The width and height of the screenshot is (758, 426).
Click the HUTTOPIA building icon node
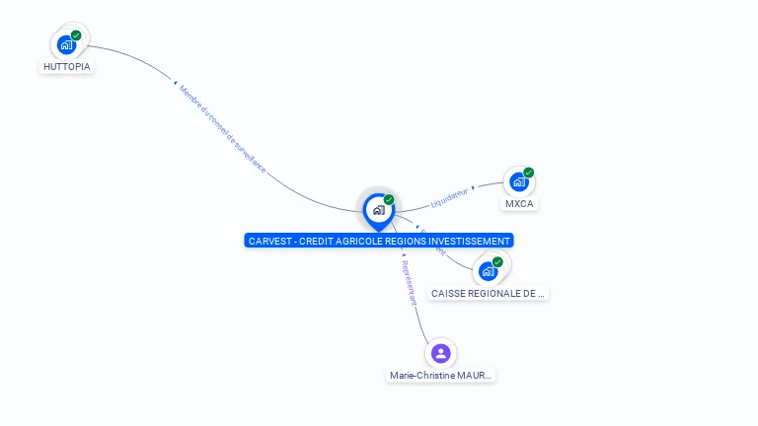click(x=66, y=44)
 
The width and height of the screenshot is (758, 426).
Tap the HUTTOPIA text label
click(x=67, y=67)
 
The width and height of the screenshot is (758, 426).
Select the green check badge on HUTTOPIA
click(x=76, y=35)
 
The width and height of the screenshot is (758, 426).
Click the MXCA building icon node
click(x=518, y=181)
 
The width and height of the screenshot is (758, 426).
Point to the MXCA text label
click(x=519, y=204)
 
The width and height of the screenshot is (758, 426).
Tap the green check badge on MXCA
click(x=529, y=173)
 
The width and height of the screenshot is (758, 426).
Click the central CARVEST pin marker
click(x=378, y=209)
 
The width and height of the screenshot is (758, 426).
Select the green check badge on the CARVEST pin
click(x=389, y=200)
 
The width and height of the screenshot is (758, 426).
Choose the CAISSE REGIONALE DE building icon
click(x=488, y=271)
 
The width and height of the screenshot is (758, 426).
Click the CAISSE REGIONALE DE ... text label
click(x=488, y=294)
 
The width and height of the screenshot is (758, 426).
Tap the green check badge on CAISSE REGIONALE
click(x=497, y=262)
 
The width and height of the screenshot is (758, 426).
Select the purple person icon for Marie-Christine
click(x=440, y=353)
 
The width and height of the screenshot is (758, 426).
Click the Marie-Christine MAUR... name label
click(x=440, y=376)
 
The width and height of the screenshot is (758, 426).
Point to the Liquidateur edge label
click(x=449, y=197)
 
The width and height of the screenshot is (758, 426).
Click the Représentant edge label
click(x=410, y=283)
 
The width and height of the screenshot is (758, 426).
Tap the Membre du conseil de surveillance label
click(x=222, y=129)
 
